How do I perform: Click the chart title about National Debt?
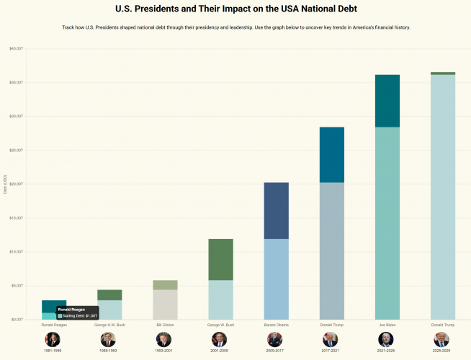(235, 9)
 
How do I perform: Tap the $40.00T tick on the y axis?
(16, 48)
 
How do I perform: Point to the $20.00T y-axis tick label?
(16, 184)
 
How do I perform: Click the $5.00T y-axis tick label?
(17, 285)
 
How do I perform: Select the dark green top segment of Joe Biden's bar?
(387, 101)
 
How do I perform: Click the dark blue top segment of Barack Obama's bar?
(276, 210)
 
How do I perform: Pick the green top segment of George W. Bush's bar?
(220, 259)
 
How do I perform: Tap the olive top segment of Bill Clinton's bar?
(165, 284)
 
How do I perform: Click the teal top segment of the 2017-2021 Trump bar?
(331, 155)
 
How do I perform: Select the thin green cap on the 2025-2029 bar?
(442, 73)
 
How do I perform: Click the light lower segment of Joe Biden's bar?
(387, 223)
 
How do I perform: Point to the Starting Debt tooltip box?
(77, 312)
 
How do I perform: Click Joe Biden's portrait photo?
(386, 339)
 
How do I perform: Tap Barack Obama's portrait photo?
(275, 339)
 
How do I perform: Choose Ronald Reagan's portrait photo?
(53, 339)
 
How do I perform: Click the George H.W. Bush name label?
(109, 325)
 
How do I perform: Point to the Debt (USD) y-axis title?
(4, 184)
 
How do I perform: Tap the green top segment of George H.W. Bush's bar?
(109, 294)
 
